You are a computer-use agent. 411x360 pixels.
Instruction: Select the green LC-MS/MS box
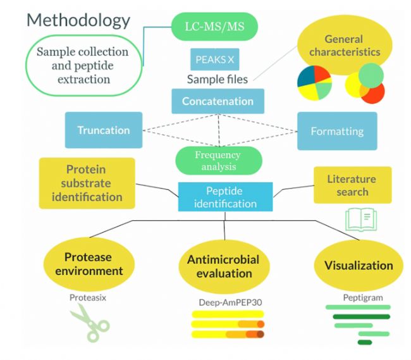(214, 27)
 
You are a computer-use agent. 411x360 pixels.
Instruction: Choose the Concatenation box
(218, 101)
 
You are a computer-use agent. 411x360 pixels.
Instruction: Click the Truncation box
(103, 130)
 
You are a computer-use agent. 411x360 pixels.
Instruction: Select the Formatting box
(337, 132)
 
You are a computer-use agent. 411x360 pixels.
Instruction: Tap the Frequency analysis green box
(218, 161)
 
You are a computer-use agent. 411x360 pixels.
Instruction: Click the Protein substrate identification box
(87, 183)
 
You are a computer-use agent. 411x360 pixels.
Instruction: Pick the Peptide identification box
(226, 197)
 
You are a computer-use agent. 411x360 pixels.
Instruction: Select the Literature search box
(352, 185)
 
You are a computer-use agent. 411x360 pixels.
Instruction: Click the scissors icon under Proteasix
(89, 323)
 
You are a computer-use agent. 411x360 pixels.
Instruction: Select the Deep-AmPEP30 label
(227, 302)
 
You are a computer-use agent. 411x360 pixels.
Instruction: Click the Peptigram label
(359, 297)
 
